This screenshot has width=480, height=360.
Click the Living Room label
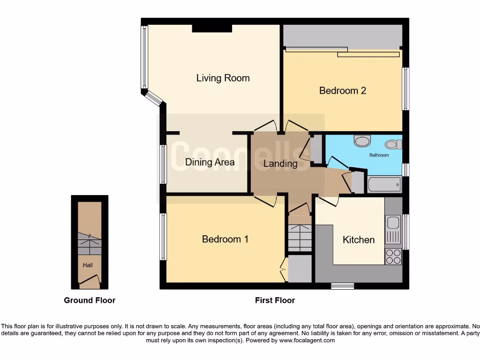(223, 78)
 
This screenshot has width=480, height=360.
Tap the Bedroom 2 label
(342, 90)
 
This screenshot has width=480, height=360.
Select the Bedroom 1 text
(225, 239)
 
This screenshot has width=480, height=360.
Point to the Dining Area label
(210, 163)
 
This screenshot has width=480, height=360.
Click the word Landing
(280, 164)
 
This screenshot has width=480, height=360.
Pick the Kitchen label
(359, 240)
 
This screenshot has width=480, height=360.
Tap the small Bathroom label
(379, 155)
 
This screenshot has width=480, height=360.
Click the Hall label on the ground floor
(88, 265)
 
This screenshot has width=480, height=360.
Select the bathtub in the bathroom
(384, 184)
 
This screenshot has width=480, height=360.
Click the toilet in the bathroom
(393, 144)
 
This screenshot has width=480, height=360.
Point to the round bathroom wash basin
(362, 141)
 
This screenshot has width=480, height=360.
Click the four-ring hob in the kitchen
(393, 256)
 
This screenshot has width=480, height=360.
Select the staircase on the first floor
(300, 237)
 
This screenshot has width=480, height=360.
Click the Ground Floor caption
(90, 300)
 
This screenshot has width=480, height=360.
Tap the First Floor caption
(275, 300)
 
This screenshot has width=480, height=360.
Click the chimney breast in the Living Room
(212, 29)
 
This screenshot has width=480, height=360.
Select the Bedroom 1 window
(163, 237)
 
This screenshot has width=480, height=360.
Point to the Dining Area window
(163, 164)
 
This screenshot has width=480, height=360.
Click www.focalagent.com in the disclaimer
(307, 340)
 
